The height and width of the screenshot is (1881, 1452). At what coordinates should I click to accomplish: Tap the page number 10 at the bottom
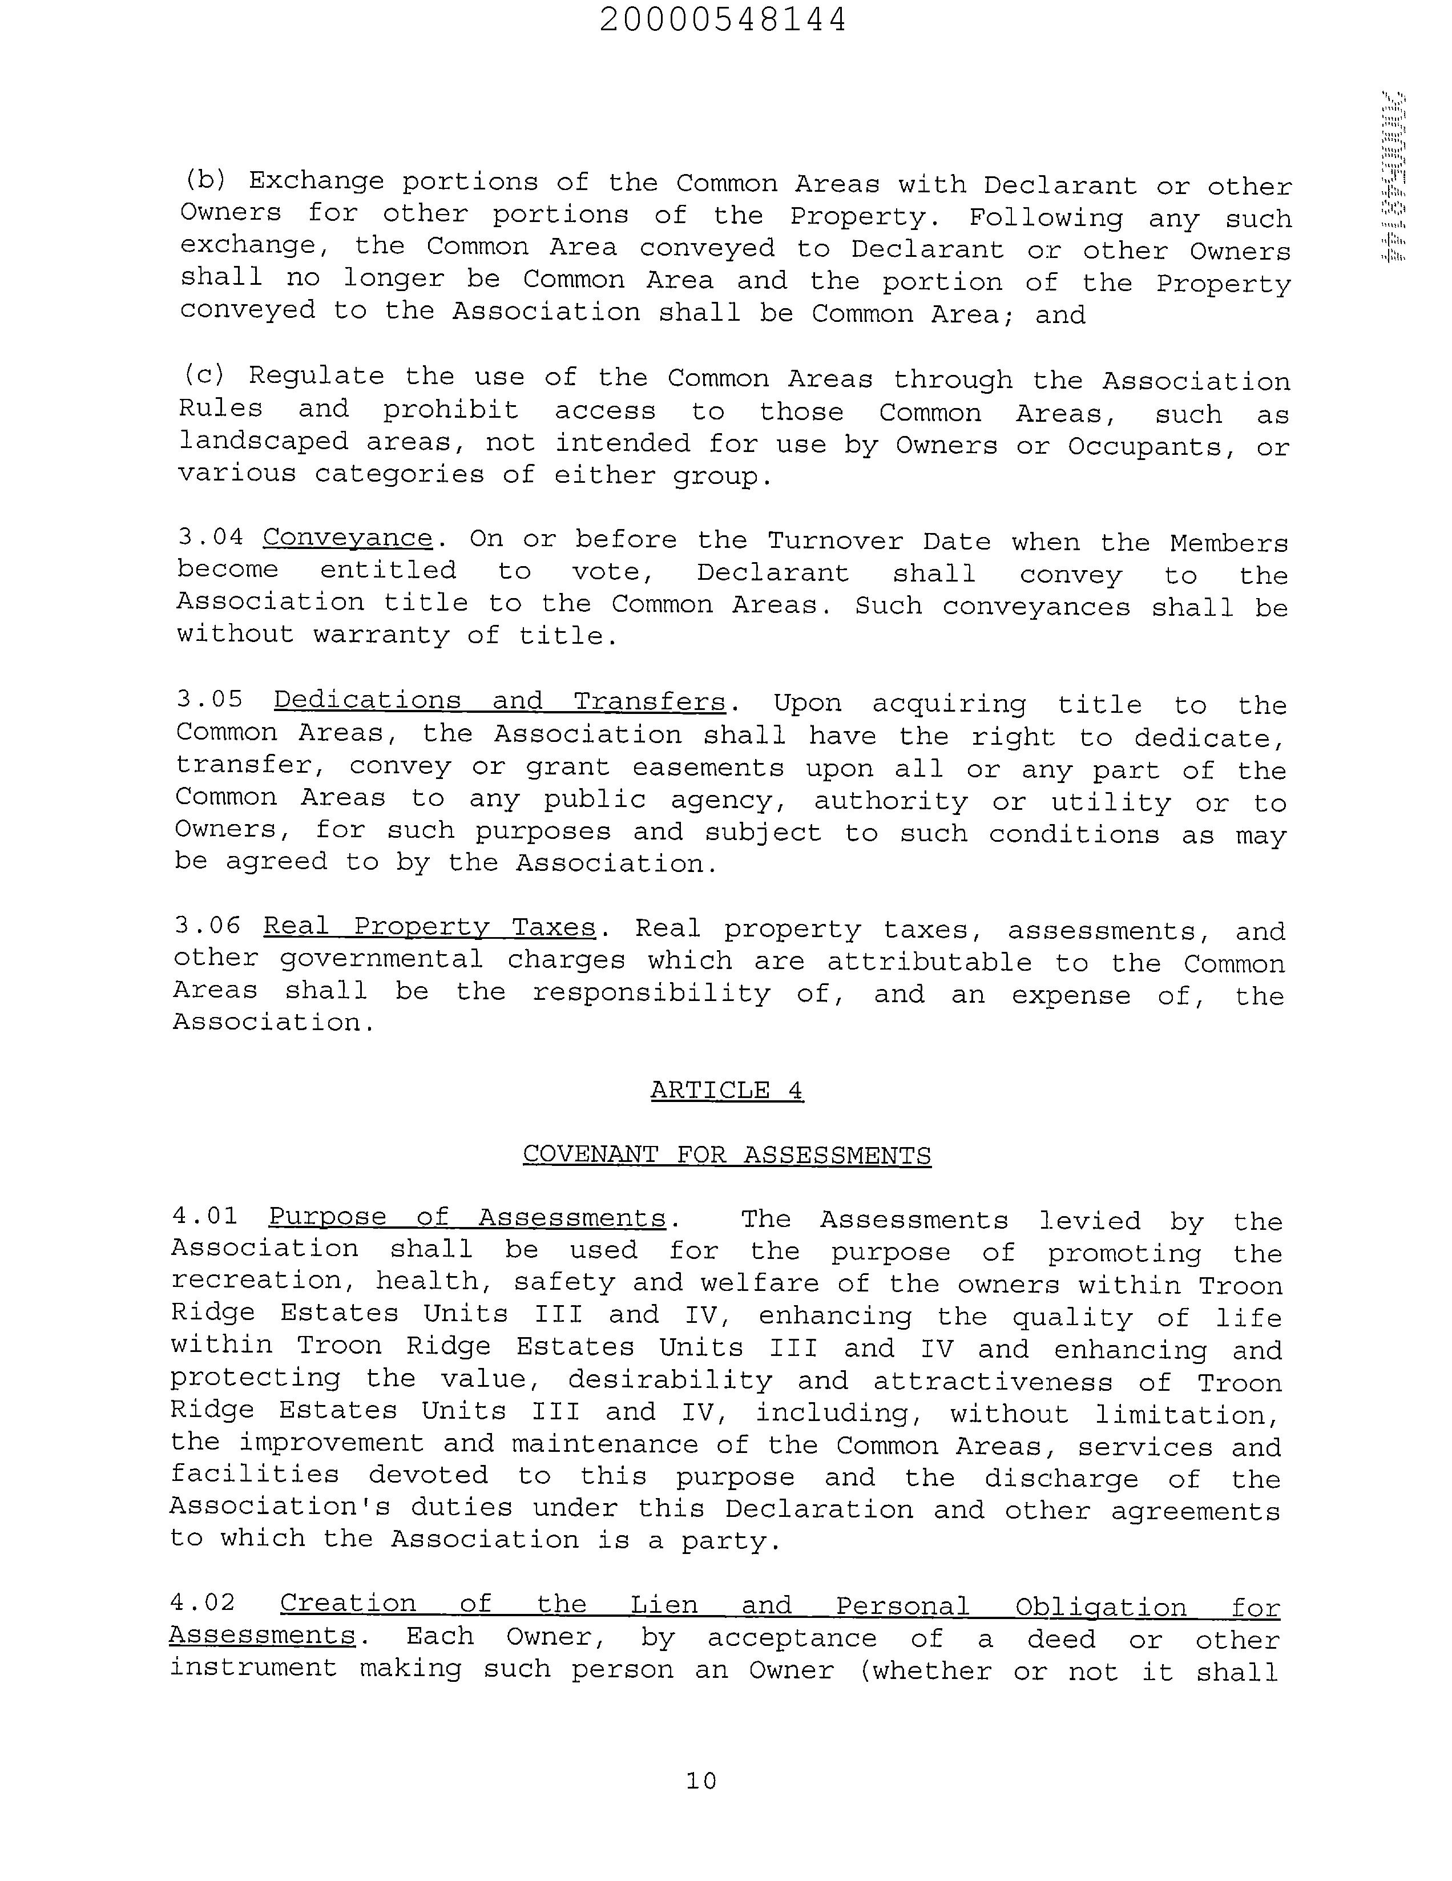point(701,1779)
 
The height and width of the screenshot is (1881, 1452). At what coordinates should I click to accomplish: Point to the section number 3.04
point(210,536)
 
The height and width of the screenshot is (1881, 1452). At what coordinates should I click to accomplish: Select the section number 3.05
point(210,699)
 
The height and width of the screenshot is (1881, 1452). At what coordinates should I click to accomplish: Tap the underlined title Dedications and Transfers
point(499,701)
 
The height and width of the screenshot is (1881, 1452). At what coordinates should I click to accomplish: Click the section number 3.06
point(208,925)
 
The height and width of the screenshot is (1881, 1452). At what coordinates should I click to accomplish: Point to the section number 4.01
point(205,1215)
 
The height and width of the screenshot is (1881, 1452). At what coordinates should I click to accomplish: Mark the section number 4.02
point(203,1602)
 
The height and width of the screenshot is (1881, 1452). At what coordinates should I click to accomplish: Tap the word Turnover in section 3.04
point(836,541)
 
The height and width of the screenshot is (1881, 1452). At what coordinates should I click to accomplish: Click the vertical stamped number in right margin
point(1393,176)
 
